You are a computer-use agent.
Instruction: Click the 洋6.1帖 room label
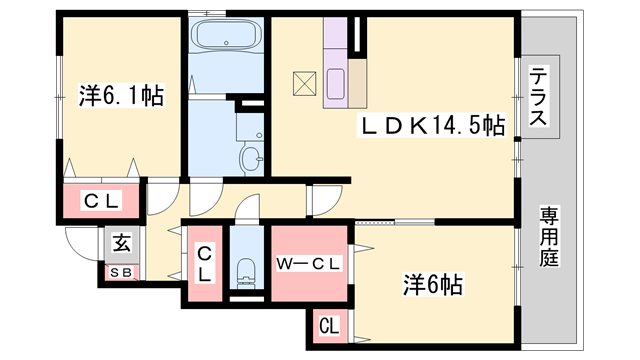pos(121,96)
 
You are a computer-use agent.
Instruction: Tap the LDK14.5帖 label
pos(431,124)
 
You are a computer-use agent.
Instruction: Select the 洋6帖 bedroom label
pos(433,284)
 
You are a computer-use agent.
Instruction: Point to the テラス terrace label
pos(538,96)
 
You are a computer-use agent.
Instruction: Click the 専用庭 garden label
pos(549,237)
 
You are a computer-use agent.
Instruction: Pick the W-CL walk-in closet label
pos(308,264)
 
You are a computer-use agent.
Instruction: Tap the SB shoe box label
pos(121,273)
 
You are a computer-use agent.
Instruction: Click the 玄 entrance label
pos(122,243)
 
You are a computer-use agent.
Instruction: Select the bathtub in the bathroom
pos(226,34)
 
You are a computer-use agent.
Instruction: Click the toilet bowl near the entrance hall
pos(246,270)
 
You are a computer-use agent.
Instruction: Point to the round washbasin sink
pos(250,159)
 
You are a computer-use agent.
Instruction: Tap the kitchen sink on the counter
pos(336,84)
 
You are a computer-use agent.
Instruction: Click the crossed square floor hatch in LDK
pos(304,84)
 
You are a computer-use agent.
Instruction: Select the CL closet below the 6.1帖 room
pos(101,200)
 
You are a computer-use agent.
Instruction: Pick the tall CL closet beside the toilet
pos(205,263)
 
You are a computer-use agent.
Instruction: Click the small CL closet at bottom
pos(329,326)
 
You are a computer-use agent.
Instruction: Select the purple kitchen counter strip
pos(335,63)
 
